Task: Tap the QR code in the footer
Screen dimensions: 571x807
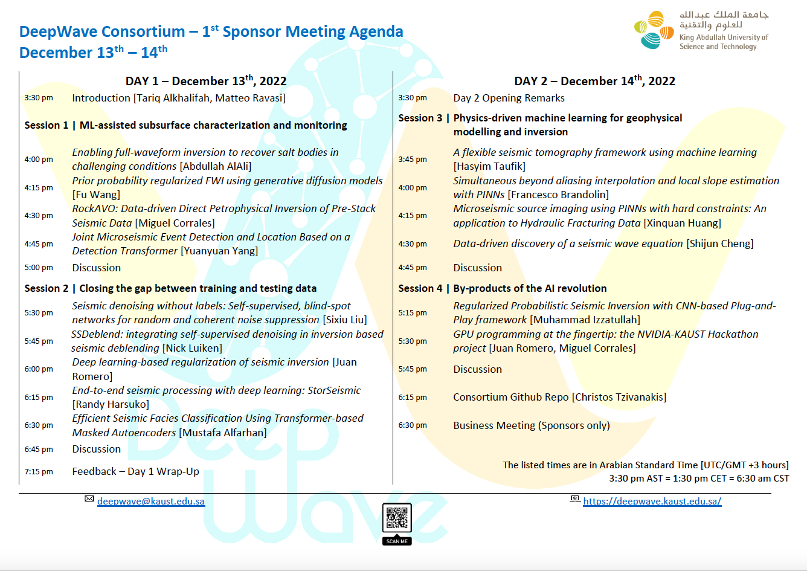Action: coord(397,518)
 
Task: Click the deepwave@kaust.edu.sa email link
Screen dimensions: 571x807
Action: coord(150,502)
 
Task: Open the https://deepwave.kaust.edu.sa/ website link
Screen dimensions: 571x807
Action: coord(652,502)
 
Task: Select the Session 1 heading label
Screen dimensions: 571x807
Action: coord(46,125)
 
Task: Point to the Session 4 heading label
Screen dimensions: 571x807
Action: coord(420,288)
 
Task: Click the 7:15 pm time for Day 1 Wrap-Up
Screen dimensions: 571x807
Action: coord(39,472)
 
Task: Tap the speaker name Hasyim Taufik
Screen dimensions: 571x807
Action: coord(490,166)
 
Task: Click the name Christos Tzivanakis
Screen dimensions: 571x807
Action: coord(619,397)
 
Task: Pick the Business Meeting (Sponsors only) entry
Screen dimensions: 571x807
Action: coord(532,425)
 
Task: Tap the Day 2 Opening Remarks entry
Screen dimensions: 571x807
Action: coord(509,98)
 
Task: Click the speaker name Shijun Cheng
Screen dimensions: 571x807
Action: coord(720,244)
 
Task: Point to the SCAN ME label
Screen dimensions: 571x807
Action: coord(397,541)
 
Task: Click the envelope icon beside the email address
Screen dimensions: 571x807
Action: coord(89,499)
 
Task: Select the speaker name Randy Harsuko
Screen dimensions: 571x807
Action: coord(111,404)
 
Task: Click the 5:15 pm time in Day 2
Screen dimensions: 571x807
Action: coord(413,313)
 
